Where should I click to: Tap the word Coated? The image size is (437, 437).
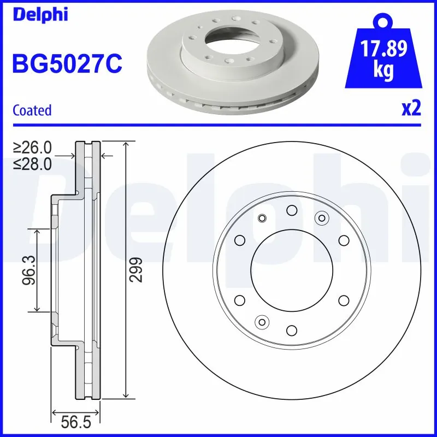(x=32, y=110)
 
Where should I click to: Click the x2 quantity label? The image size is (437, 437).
(x=411, y=109)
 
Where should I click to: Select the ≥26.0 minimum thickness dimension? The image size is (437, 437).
(x=33, y=147)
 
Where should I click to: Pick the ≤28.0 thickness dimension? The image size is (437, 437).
(x=33, y=163)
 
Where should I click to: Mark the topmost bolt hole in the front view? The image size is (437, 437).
(x=291, y=210)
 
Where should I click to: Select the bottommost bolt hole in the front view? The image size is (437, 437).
(x=291, y=330)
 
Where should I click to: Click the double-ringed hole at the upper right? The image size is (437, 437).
(x=321, y=218)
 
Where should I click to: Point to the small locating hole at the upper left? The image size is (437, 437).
(x=262, y=219)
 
